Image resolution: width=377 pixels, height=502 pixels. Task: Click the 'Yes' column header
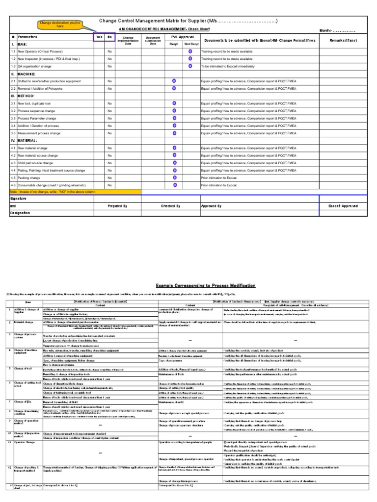99,37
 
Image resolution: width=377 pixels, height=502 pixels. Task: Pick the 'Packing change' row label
29,178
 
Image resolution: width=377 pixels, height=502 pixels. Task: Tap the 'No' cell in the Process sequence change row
110,111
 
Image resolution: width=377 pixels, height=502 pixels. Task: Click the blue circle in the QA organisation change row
190,66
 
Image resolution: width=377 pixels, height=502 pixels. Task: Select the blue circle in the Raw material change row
174,148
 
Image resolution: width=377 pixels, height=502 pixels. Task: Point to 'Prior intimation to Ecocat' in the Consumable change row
218,185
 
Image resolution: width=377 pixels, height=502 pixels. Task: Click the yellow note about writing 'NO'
53,192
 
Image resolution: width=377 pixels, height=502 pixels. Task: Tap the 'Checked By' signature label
170,206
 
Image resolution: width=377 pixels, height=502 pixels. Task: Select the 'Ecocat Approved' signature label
343,206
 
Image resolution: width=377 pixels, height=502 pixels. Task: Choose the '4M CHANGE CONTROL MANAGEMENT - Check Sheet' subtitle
188,30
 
